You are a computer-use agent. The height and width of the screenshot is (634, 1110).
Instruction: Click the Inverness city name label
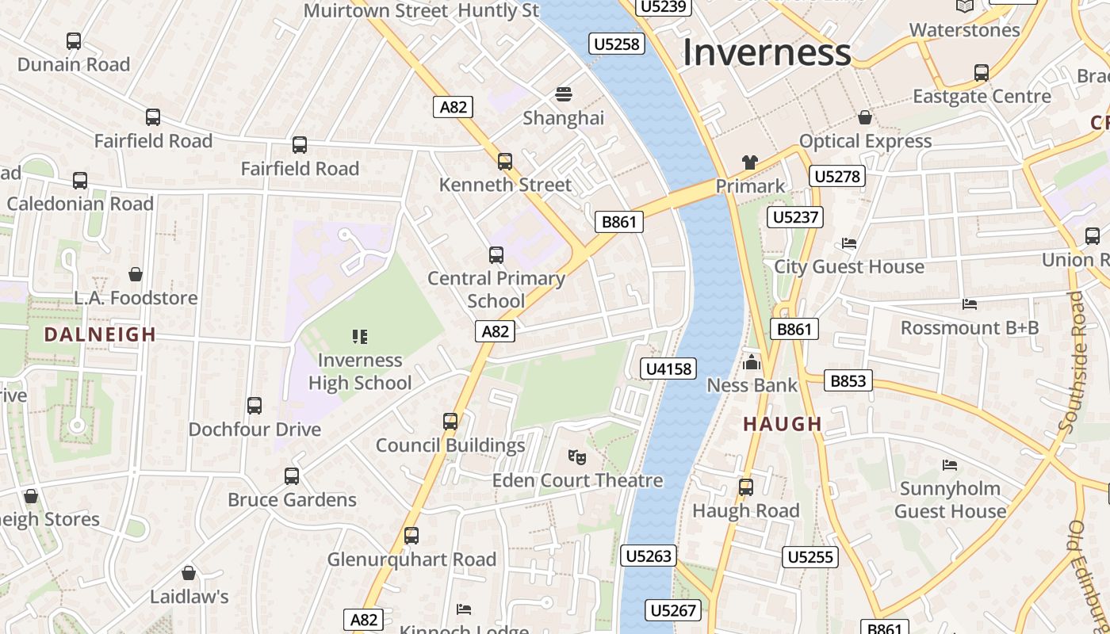766,52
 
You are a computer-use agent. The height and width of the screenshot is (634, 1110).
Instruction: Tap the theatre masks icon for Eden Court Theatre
577,456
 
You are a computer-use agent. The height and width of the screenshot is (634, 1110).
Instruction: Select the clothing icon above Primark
749,162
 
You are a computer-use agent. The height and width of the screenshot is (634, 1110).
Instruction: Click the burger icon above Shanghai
563,94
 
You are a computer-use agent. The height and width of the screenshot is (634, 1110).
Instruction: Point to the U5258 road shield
616,44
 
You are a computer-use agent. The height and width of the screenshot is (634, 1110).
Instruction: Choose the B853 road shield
848,381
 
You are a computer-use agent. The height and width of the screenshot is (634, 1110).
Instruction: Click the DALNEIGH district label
100,334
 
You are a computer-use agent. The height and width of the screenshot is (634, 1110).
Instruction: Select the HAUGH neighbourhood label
783,424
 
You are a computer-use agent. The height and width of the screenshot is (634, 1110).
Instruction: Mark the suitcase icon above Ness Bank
751,363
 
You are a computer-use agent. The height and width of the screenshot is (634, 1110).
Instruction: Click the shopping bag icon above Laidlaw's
189,573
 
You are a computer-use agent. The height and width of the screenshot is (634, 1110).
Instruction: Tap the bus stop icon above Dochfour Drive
255,406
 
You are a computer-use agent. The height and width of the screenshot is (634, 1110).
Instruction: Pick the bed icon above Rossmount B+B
969,304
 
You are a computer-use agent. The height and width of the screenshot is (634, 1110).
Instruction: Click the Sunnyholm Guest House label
950,499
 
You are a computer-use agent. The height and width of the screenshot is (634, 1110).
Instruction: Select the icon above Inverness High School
360,337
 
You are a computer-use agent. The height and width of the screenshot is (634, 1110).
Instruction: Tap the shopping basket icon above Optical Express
865,117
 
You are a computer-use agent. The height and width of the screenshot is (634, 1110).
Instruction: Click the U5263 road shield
648,556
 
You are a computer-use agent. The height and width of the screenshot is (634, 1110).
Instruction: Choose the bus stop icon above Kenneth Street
505,162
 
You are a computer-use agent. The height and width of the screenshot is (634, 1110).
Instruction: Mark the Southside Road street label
1076,361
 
